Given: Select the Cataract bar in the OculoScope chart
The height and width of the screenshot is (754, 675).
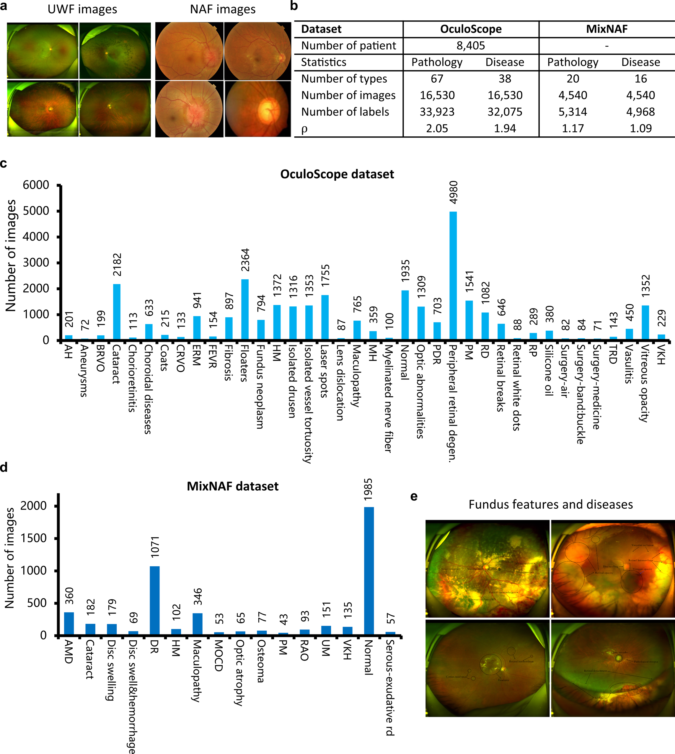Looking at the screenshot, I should (x=116, y=312).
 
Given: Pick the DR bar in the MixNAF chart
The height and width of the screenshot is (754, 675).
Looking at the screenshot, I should (x=155, y=600).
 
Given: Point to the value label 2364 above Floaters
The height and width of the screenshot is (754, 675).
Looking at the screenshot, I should (x=245, y=260).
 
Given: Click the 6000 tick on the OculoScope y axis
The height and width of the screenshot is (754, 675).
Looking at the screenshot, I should (x=36, y=185).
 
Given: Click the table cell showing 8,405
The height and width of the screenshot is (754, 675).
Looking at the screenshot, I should (x=471, y=46).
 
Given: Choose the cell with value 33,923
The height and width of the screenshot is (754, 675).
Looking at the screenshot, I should (x=437, y=112).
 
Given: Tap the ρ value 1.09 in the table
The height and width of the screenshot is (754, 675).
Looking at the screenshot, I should (x=640, y=128).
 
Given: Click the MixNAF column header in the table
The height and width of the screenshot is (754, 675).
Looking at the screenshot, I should (x=607, y=29).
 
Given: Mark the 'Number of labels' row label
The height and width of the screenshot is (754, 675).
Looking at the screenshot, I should (x=345, y=112).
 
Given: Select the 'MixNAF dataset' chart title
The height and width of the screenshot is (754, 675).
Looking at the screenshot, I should (x=233, y=486).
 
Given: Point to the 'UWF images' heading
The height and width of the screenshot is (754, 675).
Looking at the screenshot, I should (x=82, y=9).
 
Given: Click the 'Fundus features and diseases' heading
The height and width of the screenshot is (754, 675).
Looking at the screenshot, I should (x=550, y=505).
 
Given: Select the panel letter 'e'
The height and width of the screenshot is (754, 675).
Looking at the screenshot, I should (x=414, y=496).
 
